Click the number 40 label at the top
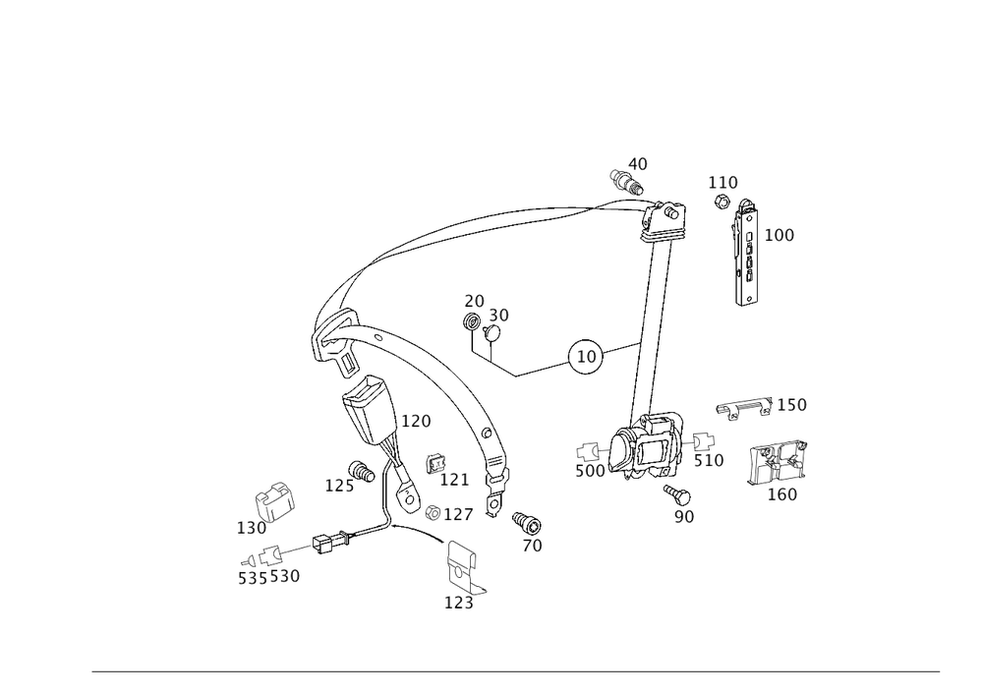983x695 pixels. click(639, 163)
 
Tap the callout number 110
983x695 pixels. click(723, 183)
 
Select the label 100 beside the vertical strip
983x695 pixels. click(779, 236)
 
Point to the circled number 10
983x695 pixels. click(587, 358)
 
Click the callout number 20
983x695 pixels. click(475, 300)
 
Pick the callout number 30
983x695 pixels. click(498, 315)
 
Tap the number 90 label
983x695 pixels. click(684, 515)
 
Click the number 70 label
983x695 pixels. click(533, 546)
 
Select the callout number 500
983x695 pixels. click(590, 472)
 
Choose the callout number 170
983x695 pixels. click(709, 460)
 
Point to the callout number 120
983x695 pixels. click(416, 422)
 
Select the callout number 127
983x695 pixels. click(460, 513)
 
